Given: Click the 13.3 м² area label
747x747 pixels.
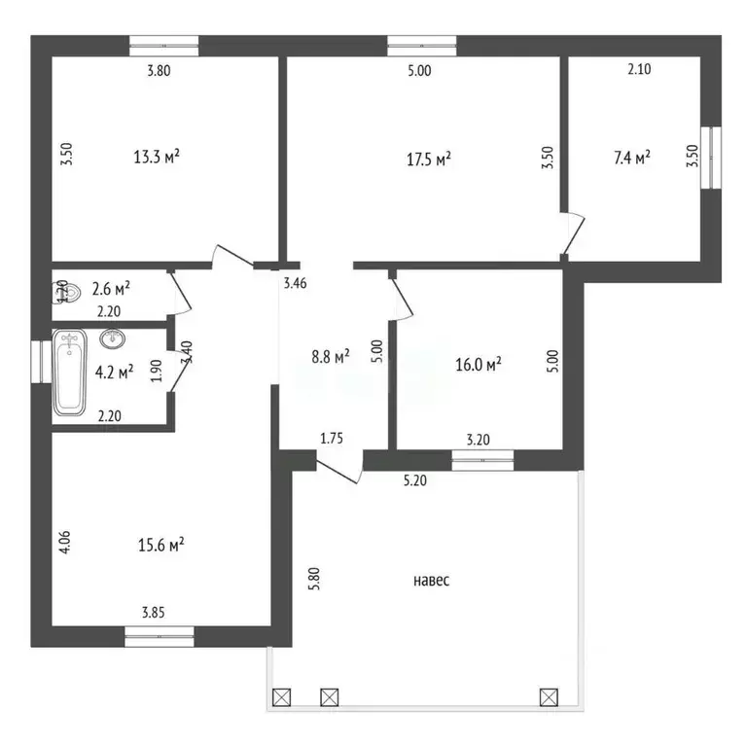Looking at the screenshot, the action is [x=157, y=157].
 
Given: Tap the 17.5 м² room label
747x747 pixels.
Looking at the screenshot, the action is [x=429, y=159].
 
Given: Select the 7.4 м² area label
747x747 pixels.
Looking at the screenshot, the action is [x=632, y=158].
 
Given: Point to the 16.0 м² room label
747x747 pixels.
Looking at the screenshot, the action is [x=479, y=365].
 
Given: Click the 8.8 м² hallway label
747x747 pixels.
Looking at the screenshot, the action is [x=331, y=356].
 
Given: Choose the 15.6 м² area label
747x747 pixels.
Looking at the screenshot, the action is [x=161, y=545].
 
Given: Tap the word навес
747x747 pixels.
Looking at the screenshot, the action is [x=431, y=581].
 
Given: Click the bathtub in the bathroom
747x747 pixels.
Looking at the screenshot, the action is [x=70, y=373].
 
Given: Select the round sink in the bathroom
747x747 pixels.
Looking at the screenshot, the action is [x=113, y=338].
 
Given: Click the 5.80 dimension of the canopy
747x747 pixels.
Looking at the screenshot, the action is [x=314, y=579].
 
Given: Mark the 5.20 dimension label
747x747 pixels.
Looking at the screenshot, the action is [x=415, y=480].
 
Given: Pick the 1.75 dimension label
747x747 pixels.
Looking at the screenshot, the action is [x=331, y=439].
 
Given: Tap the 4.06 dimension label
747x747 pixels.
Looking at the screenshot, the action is [x=65, y=542].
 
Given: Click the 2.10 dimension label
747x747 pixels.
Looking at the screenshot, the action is [x=639, y=69].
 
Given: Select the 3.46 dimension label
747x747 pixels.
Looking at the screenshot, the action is [x=296, y=283].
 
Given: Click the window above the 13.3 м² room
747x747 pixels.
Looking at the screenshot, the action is [x=164, y=46].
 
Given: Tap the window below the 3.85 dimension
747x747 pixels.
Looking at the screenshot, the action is [x=160, y=636].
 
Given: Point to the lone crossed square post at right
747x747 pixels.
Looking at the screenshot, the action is [x=549, y=698].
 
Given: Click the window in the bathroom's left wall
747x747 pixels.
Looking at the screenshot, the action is [x=42, y=361].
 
